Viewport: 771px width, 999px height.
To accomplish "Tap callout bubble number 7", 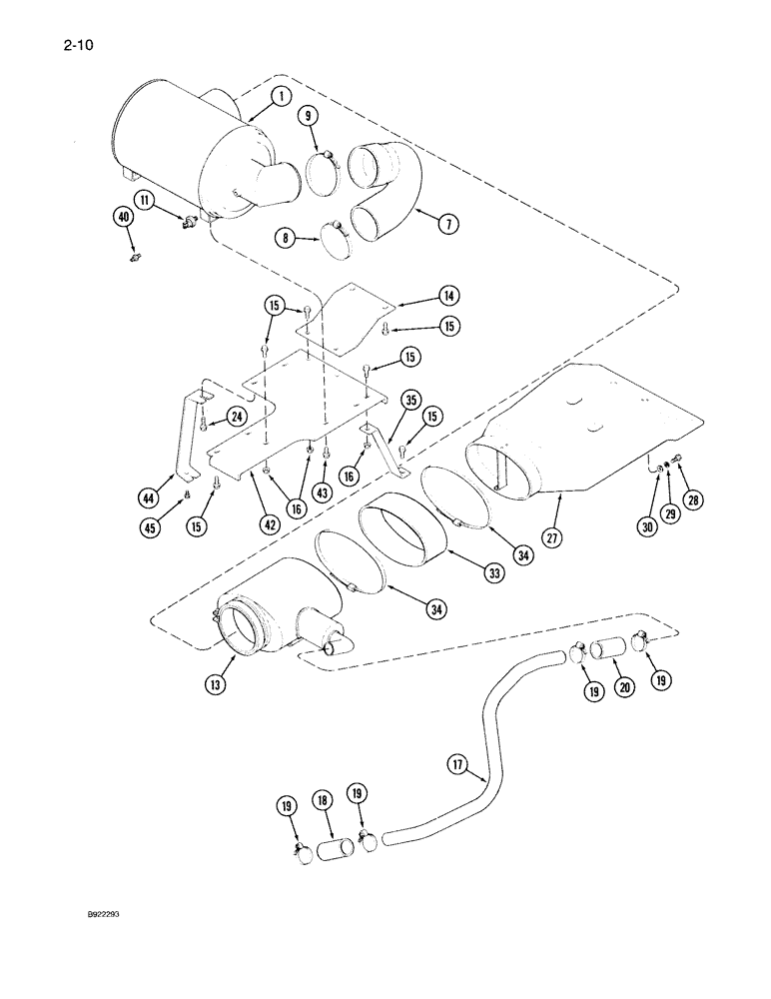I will (448, 224).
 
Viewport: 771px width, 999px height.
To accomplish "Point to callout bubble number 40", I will (124, 217).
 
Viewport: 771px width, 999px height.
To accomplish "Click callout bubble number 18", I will (324, 802).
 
